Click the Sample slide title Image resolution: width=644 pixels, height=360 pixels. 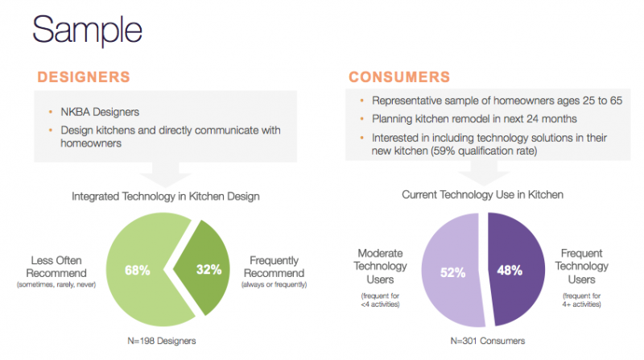coord(87,30)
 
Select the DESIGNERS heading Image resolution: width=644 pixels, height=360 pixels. coord(84,77)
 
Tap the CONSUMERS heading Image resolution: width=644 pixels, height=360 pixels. coord(399,77)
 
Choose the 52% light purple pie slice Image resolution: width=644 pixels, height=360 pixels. coord(452,271)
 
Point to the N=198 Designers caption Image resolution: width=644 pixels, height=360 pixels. coord(162,341)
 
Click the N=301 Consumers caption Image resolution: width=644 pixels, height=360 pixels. coord(488,341)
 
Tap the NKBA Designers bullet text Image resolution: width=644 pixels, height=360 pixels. coord(100,112)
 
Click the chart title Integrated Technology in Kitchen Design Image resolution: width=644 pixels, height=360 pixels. coord(166,197)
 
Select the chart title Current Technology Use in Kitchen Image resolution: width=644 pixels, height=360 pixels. coord(482,194)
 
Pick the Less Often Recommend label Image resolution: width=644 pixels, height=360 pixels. coord(56,267)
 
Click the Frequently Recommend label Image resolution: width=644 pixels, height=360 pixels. coord(274,267)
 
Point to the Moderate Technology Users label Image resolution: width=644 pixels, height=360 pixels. coord(380,266)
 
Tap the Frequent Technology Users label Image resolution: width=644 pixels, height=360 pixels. coord(581,266)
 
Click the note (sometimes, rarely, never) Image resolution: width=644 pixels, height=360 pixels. coord(56,284)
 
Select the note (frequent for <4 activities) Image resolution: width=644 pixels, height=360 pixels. coord(380,300)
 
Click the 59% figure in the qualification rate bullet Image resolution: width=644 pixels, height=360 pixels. coord(444,151)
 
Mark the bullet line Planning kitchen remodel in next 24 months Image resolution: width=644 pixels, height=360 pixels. coord(474,118)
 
